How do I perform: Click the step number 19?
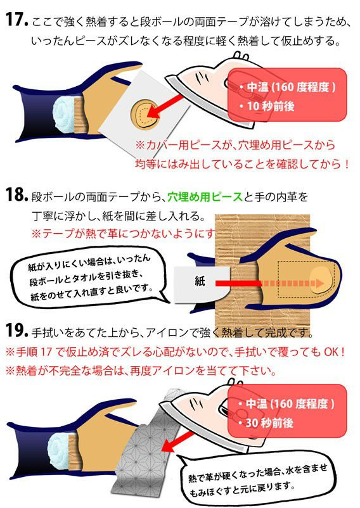point(17,331)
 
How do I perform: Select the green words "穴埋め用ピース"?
point(205,196)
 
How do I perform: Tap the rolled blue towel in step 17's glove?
point(63,115)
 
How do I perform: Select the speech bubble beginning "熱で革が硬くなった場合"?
point(256,477)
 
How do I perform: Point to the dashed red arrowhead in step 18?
point(320,284)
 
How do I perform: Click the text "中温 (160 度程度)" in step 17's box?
point(291,87)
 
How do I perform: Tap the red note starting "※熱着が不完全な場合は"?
point(141,371)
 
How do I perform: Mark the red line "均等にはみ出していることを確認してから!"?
point(242,164)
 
